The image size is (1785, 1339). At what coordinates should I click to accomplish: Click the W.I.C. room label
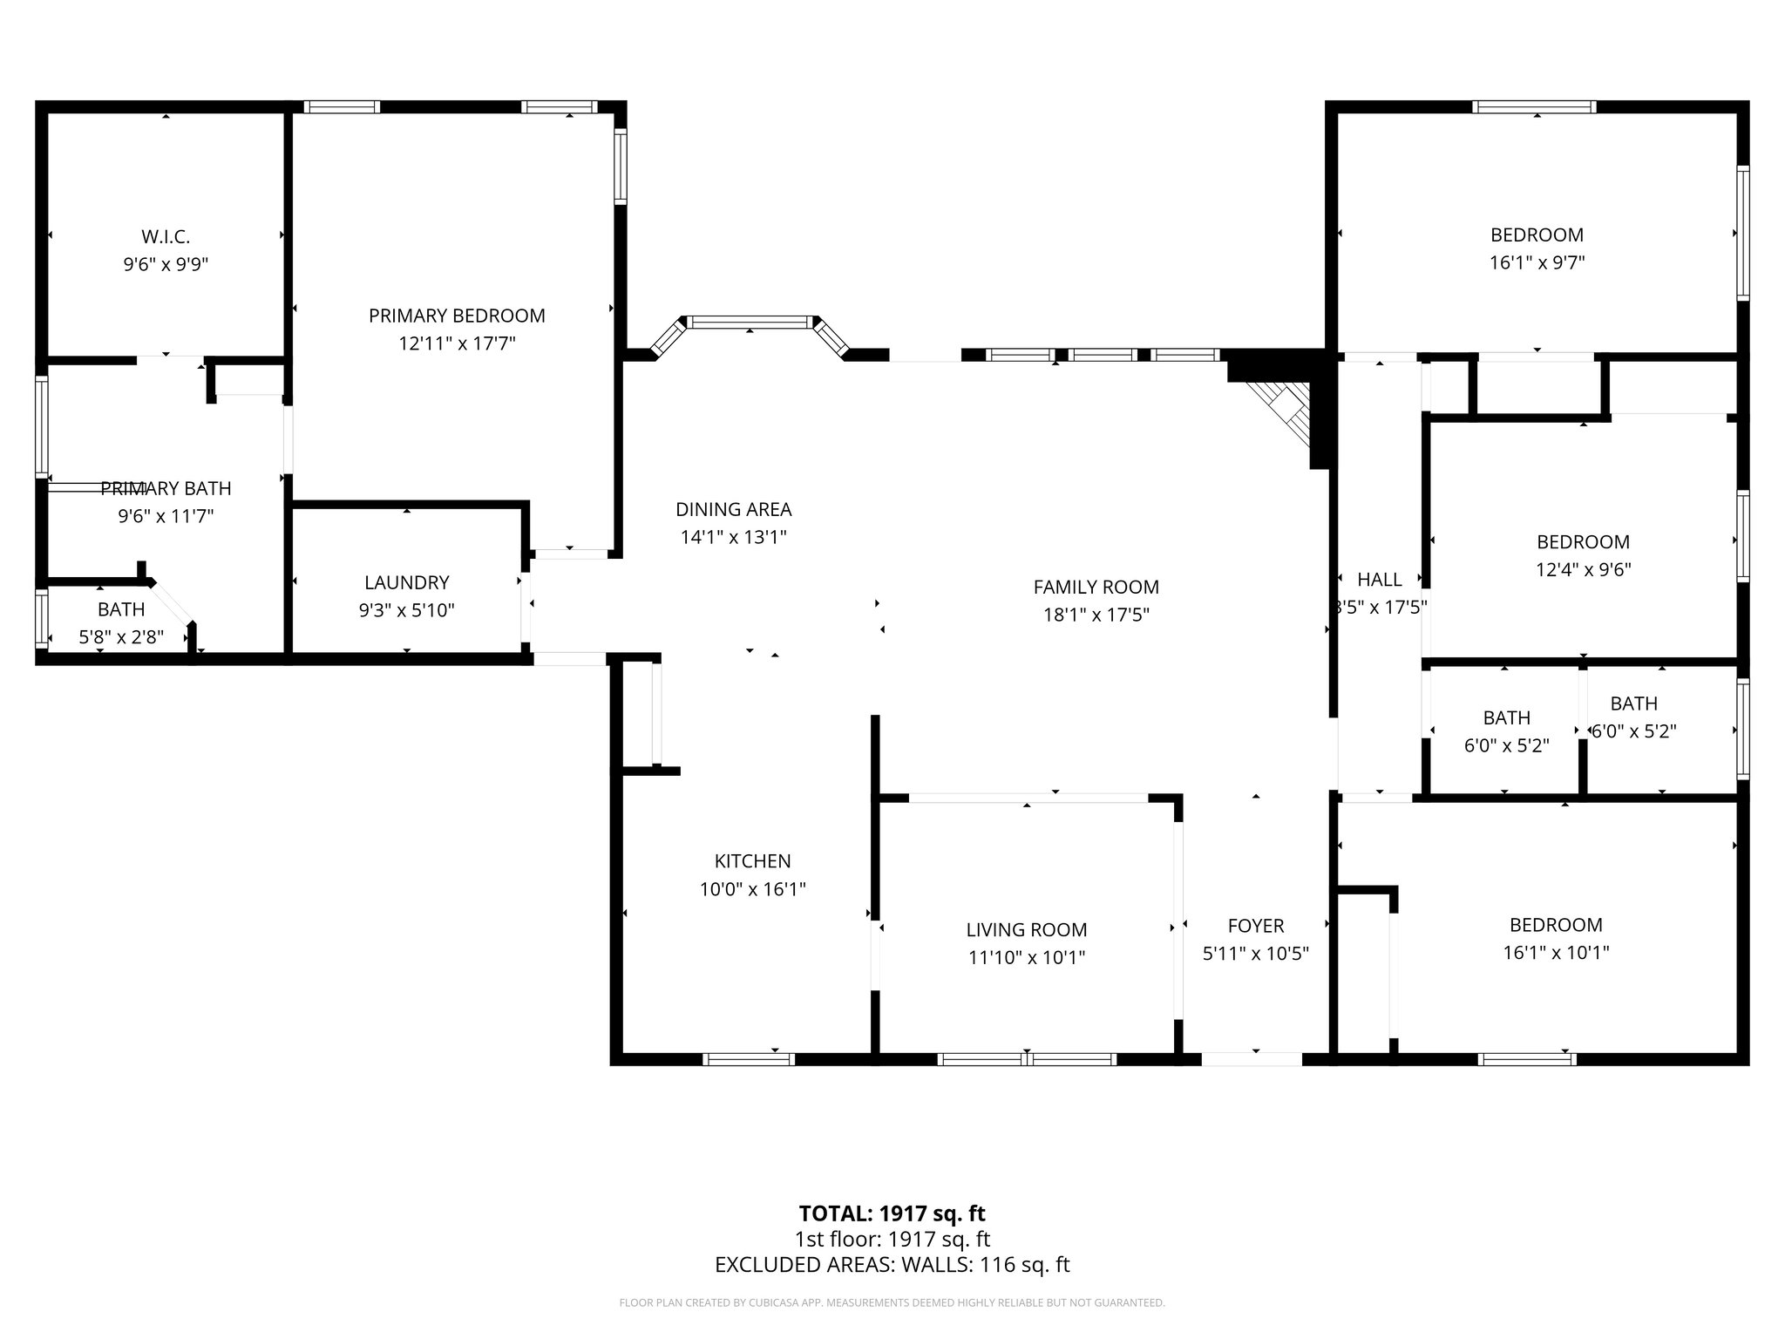pos(166,236)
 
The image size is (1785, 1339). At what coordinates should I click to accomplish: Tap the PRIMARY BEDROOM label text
pos(457,316)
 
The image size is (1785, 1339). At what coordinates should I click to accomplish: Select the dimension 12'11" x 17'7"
pos(457,343)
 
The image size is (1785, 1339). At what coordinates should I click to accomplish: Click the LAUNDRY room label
pos(406,582)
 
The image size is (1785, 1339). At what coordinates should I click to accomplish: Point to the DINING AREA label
pos(733,509)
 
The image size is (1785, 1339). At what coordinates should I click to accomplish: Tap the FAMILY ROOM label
pos(1096,587)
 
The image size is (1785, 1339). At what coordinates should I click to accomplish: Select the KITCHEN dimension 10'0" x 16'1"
pos(752,889)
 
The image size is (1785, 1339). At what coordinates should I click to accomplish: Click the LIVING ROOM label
pos(1026,930)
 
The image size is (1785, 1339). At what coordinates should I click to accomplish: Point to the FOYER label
pos(1255,926)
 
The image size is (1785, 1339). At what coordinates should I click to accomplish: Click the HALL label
pos(1379,580)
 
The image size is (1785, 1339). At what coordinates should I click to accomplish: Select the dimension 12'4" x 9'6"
pos(1583,569)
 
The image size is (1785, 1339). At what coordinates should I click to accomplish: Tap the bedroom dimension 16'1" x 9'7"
pos(1537,262)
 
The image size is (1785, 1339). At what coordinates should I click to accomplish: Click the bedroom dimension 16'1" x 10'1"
pos(1556,953)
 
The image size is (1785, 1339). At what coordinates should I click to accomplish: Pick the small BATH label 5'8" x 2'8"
pos(121,609)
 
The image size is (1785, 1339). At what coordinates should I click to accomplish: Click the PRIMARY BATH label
pos(166,488)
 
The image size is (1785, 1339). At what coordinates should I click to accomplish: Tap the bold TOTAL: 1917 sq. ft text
pos(892,1213)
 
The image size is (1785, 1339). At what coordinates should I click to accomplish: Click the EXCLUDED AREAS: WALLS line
pos(892,1265)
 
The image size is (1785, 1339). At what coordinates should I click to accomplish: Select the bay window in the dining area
pos(750,323)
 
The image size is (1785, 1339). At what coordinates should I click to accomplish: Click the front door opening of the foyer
pos(1252,1059)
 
